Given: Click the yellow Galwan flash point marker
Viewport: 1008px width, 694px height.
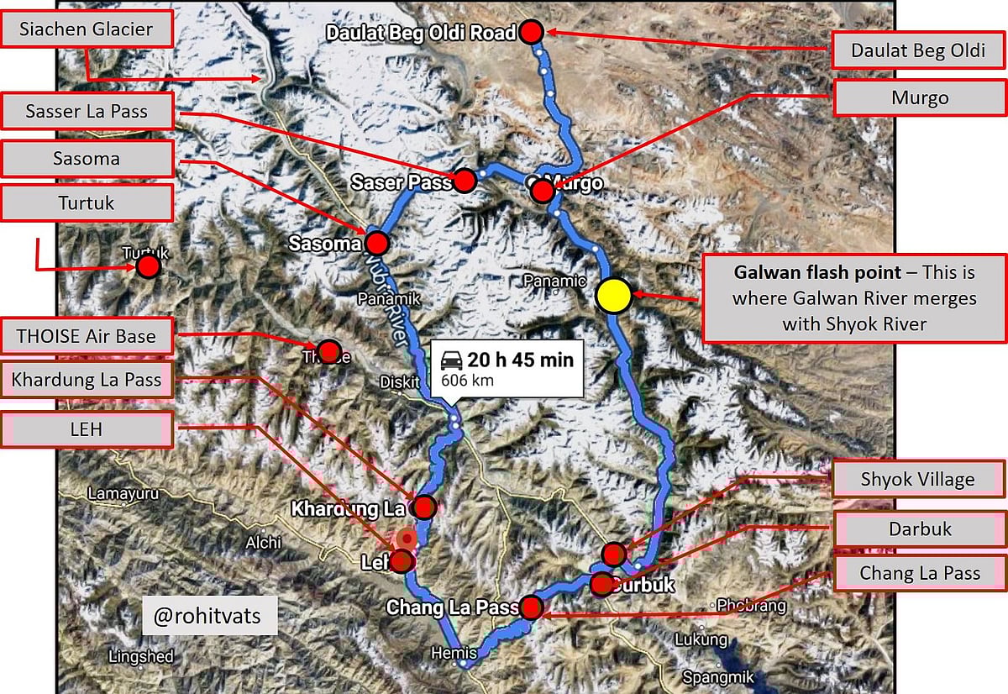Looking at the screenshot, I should tap(614, 296).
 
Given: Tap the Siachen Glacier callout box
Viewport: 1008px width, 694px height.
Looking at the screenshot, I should tap(87, 30).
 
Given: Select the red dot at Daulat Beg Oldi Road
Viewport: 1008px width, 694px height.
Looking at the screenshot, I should tap(532, 33).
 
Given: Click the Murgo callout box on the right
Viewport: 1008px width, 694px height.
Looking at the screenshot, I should tap(919, 98).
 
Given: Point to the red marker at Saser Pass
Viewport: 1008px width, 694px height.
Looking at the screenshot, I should tap(464, 180).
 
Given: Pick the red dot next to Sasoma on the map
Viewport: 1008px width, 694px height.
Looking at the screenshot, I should tap(376, 244).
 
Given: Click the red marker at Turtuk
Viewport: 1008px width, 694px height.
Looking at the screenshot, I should tap(149, 267).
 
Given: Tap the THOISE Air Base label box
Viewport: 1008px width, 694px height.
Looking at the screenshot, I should tap(87, 336).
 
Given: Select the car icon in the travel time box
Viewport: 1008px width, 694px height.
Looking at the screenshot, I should tap(452, 360).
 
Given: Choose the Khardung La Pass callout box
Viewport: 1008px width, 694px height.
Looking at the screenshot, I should tap(87, 381).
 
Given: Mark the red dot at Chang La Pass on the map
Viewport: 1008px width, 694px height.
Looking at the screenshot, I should tap(531, 607).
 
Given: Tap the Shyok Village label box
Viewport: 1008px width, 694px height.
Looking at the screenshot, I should tap(917, 480).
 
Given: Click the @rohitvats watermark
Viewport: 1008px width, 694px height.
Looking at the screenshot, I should tap(207, 617).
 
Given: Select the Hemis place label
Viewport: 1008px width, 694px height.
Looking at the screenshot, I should tap(454, 653).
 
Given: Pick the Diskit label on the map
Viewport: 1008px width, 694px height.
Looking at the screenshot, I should tap(399, 382).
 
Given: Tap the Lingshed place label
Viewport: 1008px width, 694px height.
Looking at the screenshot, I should tap(141, 656).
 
